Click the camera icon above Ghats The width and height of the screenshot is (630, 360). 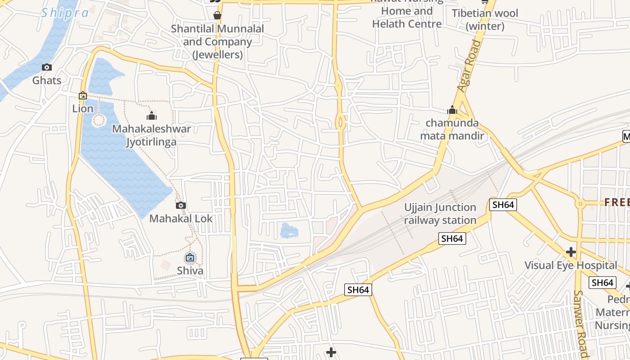click(46, 67)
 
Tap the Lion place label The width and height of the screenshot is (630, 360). click(83, 108)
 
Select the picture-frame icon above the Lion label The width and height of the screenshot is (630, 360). click(83, 95)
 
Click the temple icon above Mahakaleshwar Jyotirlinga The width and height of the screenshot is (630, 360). click(152, 116)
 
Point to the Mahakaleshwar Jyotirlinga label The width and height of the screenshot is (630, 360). click(151, 135)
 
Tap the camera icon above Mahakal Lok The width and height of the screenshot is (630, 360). click(181, 206)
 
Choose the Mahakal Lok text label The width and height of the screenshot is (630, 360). click(181, 219)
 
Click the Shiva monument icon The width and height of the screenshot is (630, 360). click(190, 258)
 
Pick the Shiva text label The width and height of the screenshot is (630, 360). click(190, 270)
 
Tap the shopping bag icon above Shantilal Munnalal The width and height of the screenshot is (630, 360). click(217, 16)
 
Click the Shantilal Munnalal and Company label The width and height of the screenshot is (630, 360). click(217, 41)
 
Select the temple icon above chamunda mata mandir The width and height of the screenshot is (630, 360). click(452, 110)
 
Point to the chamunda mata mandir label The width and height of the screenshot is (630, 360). click(452, 129)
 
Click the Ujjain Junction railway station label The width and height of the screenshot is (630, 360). click(440, 214)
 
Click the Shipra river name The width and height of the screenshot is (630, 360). click(65, 13)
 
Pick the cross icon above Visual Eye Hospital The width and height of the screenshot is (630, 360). click(571, 252)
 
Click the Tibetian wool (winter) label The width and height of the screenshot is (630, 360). click(485, 20)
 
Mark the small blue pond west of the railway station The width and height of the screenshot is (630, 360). click(289, 231)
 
